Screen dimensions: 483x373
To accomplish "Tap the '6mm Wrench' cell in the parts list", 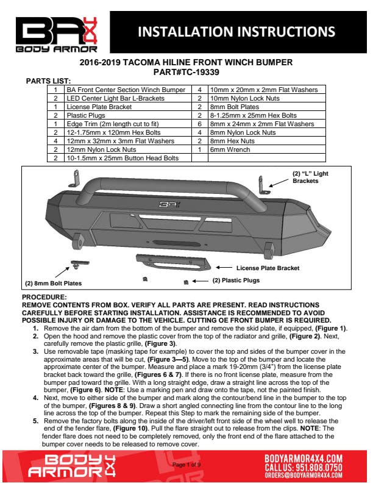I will tap(227, 148).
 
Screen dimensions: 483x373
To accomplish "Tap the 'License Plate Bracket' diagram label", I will tap(268, 267).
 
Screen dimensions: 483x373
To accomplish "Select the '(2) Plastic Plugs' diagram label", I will tap(236, 281).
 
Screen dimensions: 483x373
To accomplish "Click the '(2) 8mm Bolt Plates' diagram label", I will tap(53, 284).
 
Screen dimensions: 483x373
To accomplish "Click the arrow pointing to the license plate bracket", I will tap(225, 267).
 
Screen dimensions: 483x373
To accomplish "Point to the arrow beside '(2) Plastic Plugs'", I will tap(201, 281).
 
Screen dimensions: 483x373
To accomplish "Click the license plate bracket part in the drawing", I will tap(174, 263).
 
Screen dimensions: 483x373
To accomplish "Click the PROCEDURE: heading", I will tap(40, 297).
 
